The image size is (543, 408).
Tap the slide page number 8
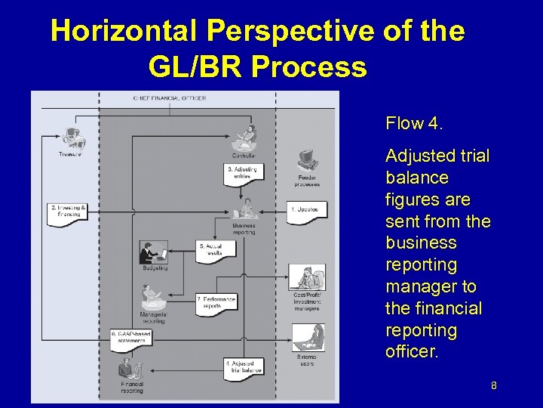point(493,386)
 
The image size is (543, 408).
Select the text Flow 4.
point(414,123)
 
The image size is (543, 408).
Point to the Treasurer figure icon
point(74,138)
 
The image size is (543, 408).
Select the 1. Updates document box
point(307,209)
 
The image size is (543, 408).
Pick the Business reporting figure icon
point(246,208)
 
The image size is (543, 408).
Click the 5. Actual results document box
point(212,250)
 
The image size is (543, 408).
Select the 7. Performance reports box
point(216,302)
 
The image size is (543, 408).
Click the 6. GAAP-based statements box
point(131,337)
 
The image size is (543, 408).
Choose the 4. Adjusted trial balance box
point(243,367)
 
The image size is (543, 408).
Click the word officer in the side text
point(412,352)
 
